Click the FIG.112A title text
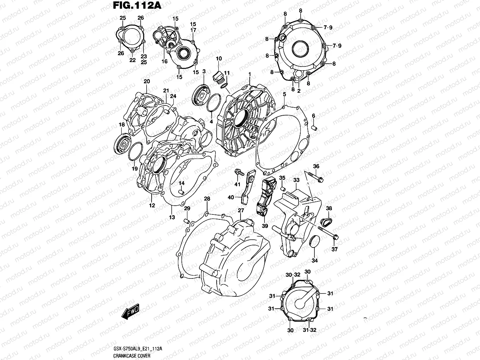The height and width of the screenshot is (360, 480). click(133, 6)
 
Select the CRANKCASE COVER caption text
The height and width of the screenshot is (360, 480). click(132, 356)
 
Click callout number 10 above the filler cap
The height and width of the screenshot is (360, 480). click(218, 58)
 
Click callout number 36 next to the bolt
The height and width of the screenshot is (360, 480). click(316, 166)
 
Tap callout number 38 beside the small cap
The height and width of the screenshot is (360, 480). click(329, 208)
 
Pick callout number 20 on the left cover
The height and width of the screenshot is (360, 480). click(147, 81)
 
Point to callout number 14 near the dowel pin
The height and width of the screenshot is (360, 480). click(181, 183)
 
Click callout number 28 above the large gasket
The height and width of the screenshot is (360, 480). click(207, 199)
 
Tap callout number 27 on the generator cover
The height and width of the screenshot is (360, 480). click(241, 210)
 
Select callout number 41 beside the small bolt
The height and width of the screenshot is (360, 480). click(237, 184)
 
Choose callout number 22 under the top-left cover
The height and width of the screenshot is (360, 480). click(132, 60)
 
